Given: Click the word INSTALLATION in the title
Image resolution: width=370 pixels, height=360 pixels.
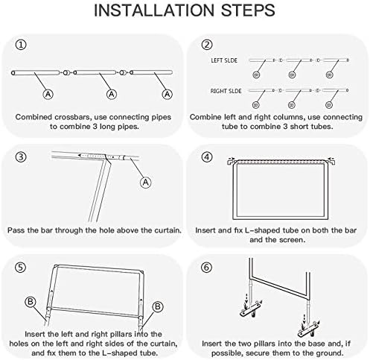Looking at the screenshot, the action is tap(154, 10).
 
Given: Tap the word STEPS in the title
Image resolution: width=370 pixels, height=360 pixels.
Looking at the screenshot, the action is tap(248, 10).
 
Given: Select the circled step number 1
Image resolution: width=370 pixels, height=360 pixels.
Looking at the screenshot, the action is tap(21, 45).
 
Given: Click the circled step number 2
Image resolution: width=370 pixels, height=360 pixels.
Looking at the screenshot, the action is tap(207, 45).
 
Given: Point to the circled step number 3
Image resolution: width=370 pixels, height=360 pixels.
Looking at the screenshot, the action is tap(21, 157).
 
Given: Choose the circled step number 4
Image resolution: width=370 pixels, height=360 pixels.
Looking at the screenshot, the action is tap(207, 157).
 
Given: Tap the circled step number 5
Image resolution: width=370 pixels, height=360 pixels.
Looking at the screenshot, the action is tap(21, 268).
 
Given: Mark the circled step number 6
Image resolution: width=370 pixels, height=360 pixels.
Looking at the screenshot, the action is tap(207, 268).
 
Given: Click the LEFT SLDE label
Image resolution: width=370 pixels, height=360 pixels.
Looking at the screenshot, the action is tap(224, 60).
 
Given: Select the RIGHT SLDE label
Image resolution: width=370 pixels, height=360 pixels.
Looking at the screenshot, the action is tap(226, 91).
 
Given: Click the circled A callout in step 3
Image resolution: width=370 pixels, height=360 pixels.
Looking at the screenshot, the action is tap(146, 183).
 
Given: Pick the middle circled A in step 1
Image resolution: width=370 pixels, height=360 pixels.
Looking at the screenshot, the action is tap(112, 94).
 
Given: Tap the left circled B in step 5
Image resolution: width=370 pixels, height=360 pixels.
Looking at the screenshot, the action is tap(31, 302).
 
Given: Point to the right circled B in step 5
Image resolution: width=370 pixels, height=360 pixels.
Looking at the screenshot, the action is tap(158, 306).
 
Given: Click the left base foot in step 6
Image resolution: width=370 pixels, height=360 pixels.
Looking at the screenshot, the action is tap(251, 309).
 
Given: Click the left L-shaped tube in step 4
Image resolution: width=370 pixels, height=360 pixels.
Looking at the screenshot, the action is tap(231, 162).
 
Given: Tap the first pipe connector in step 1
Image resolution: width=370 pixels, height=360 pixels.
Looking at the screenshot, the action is tap(66, 73).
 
